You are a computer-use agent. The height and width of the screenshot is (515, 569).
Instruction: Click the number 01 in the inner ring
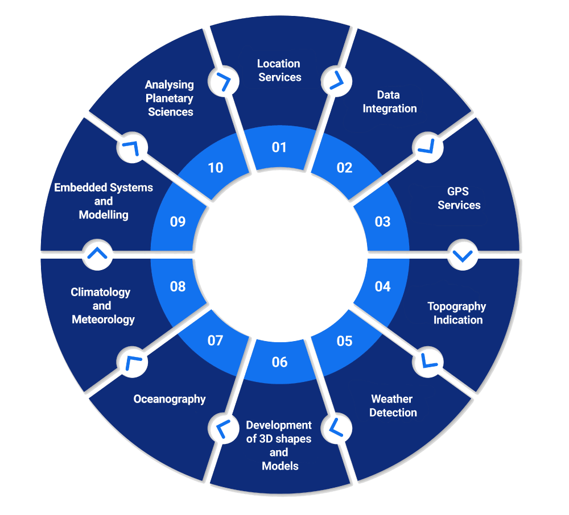(279, 148)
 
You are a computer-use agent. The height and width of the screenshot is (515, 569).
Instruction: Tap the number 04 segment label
(382, 286)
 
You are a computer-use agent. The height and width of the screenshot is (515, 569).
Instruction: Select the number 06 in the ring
(279, 362)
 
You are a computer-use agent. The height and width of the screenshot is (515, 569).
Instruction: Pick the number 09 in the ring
(178, 222)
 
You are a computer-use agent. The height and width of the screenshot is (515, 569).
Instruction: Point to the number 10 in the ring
(215, 168)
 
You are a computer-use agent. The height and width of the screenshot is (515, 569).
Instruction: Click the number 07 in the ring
(215, 341)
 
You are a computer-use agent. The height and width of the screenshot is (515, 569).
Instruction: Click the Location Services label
(279, 70)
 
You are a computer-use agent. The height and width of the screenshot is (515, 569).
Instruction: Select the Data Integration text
(390, 102)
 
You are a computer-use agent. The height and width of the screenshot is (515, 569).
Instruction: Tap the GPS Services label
(459, 198)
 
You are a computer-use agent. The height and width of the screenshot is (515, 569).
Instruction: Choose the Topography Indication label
(457, 313)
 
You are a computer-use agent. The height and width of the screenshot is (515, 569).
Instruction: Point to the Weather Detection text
(393, 406)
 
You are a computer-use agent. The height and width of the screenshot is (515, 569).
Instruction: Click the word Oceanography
(170, 399)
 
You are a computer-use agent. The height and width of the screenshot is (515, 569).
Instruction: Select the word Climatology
(101, 293)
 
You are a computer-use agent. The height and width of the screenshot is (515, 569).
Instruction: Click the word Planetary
(170, 98)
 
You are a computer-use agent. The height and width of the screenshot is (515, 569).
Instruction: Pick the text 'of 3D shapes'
(279, 439)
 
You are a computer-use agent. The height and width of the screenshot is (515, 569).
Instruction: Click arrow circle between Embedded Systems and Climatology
(97, 254)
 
